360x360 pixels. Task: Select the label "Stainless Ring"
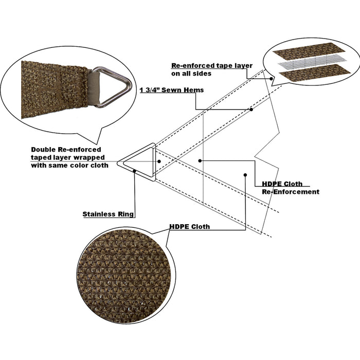pos(108,214)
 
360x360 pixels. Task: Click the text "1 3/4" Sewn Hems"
pos(172,90)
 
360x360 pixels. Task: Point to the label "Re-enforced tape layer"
pos(212,66)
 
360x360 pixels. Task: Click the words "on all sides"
pos(191,74)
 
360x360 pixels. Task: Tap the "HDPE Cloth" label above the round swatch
pos(190,227)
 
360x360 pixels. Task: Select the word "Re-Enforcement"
pos(291,192)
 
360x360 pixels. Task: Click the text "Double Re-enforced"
pos(66,150)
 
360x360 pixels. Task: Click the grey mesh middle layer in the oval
pos(312,62)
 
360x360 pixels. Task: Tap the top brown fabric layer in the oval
pos(309,51)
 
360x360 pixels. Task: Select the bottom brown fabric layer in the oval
pos(315,73)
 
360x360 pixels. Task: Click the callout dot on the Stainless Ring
pos(135,171)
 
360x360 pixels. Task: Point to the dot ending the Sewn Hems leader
pos(251,110)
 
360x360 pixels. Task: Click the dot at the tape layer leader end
pos(272,79)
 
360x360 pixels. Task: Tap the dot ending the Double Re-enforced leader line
pos(159,161)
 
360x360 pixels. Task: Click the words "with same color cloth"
pos(69,166)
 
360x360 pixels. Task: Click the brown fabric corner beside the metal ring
pos(54,89)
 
